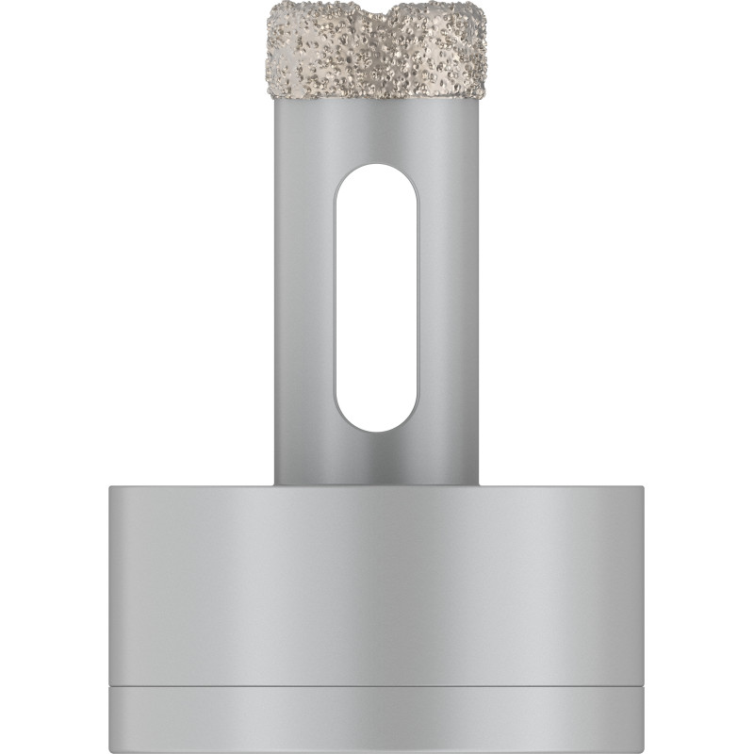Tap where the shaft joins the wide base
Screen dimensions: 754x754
377,484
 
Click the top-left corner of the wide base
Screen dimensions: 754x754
111,486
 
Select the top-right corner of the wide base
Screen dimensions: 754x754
643,486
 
